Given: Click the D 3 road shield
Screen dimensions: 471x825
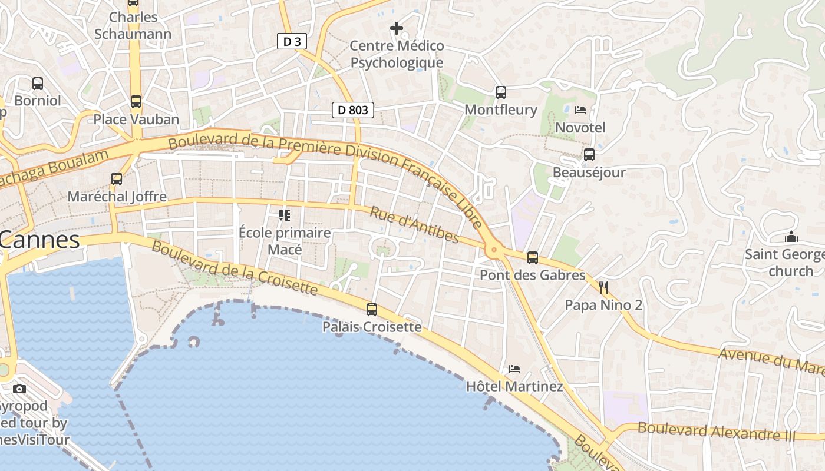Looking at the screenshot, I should tap(292, 41).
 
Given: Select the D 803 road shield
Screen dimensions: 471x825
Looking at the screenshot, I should tap(353, 110).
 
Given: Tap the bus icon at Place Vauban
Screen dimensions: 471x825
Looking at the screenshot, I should tap(136, 102).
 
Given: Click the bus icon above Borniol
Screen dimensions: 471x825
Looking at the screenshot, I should tap(38, 84).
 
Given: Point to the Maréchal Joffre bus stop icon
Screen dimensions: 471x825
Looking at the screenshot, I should tap(117, 179).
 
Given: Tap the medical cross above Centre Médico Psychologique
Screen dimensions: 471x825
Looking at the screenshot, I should tap(397, 28).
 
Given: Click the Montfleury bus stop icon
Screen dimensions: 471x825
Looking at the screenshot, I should tap(501, 92).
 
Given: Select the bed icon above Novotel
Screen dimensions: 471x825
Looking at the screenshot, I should tap(580, 110).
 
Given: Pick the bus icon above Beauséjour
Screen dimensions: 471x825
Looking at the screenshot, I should tap(589, 155).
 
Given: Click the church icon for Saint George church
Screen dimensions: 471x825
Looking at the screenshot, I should tap(791, 237).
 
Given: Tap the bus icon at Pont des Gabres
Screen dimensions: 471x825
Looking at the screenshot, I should tap(533, 258).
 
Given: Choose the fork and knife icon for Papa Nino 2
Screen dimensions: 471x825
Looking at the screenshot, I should tap(603, 287).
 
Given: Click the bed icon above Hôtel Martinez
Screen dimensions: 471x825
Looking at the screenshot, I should tap(514, 369).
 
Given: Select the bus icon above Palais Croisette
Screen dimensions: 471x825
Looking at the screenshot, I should tap(372, 310).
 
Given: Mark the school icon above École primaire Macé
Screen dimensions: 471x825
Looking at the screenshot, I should tap(285, 215).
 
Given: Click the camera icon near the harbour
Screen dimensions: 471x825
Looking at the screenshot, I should tap(19, 389).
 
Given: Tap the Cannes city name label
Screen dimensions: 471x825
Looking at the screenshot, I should tap(39, 240).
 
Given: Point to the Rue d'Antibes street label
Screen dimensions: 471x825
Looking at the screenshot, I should tap(414, 224).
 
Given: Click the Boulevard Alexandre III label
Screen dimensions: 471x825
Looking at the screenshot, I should tap(716, 432).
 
